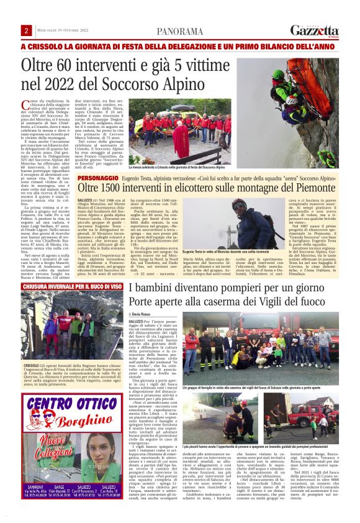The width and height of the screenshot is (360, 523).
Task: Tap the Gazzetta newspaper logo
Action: click(x=315, y=30)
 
